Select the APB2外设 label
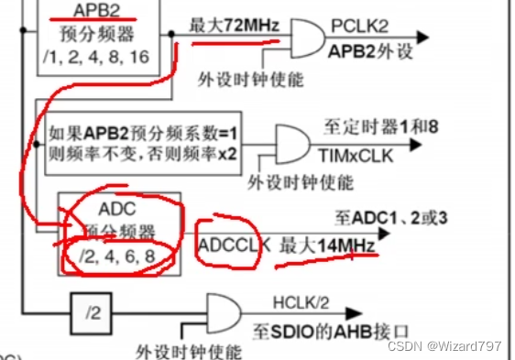click(x=367, y=52)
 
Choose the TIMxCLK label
click(x=359, y=158)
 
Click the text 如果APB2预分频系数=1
click(x=144, y=135)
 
